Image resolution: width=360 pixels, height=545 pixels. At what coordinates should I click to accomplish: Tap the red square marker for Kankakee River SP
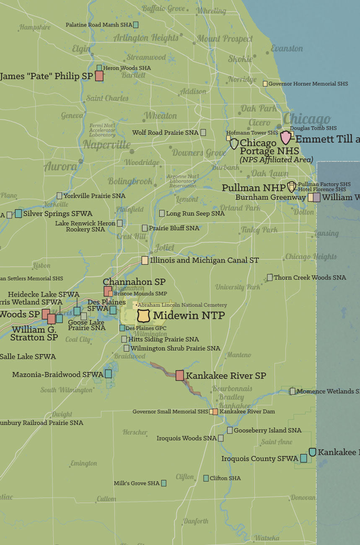180,376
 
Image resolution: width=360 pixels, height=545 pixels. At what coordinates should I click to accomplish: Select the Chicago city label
307,119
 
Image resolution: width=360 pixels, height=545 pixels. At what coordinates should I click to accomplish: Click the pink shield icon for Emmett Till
286,138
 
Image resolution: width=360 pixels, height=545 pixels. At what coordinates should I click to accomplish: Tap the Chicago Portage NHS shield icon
234,144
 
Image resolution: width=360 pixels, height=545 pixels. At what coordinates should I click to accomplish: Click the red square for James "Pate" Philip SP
99,76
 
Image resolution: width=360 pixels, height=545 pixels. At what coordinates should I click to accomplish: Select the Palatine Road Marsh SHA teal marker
136,25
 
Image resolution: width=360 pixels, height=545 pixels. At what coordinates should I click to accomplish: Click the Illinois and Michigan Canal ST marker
145,260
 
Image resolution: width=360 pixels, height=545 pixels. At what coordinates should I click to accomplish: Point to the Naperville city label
107,145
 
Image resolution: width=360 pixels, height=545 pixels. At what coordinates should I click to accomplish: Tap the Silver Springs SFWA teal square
18,213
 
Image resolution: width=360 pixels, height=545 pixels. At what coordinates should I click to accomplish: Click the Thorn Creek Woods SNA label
310,278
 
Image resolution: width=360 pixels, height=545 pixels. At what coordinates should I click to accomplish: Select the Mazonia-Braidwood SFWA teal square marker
108,374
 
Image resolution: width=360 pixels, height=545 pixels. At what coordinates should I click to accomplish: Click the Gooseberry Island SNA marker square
230,430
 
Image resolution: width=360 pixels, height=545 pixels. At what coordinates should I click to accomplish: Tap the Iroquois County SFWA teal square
303,459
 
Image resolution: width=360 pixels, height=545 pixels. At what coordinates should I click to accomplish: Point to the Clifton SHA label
225,478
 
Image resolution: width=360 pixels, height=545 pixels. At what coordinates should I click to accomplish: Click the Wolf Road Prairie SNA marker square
203,132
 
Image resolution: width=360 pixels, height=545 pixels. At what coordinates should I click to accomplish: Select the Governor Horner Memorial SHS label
308,84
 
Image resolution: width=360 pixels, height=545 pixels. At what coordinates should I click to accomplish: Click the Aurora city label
60,167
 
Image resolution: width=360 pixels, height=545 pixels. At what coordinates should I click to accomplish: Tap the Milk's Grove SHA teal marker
164,483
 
